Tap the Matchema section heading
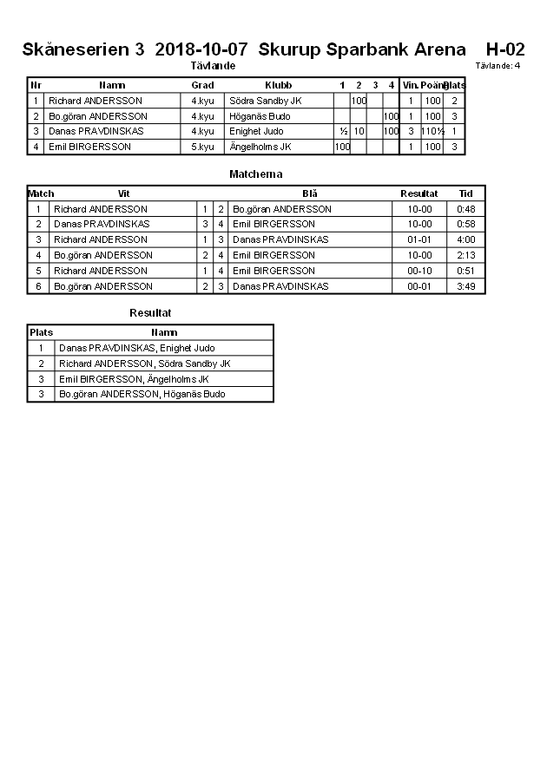click(255, 174)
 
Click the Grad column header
click(202, 85)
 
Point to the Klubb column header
click(278, 85)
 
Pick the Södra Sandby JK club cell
click(265, 101)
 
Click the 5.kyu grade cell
click(202, 147)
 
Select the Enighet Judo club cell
click(256, 131)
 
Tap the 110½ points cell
click(432, 131)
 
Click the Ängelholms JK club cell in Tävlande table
click(260, 147)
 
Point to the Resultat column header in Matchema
click(418, 193)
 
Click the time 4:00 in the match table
click(465, 239)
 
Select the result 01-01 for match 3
click(419, 239)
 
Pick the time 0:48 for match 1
click(465, 209)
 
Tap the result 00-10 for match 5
click(419, 271)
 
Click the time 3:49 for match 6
click(465, 286)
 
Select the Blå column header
click(310, 193)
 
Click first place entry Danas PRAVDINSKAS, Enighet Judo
click(136, 348)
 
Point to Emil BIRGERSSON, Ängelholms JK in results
click(133, 379)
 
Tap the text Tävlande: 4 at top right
click(498, 65)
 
